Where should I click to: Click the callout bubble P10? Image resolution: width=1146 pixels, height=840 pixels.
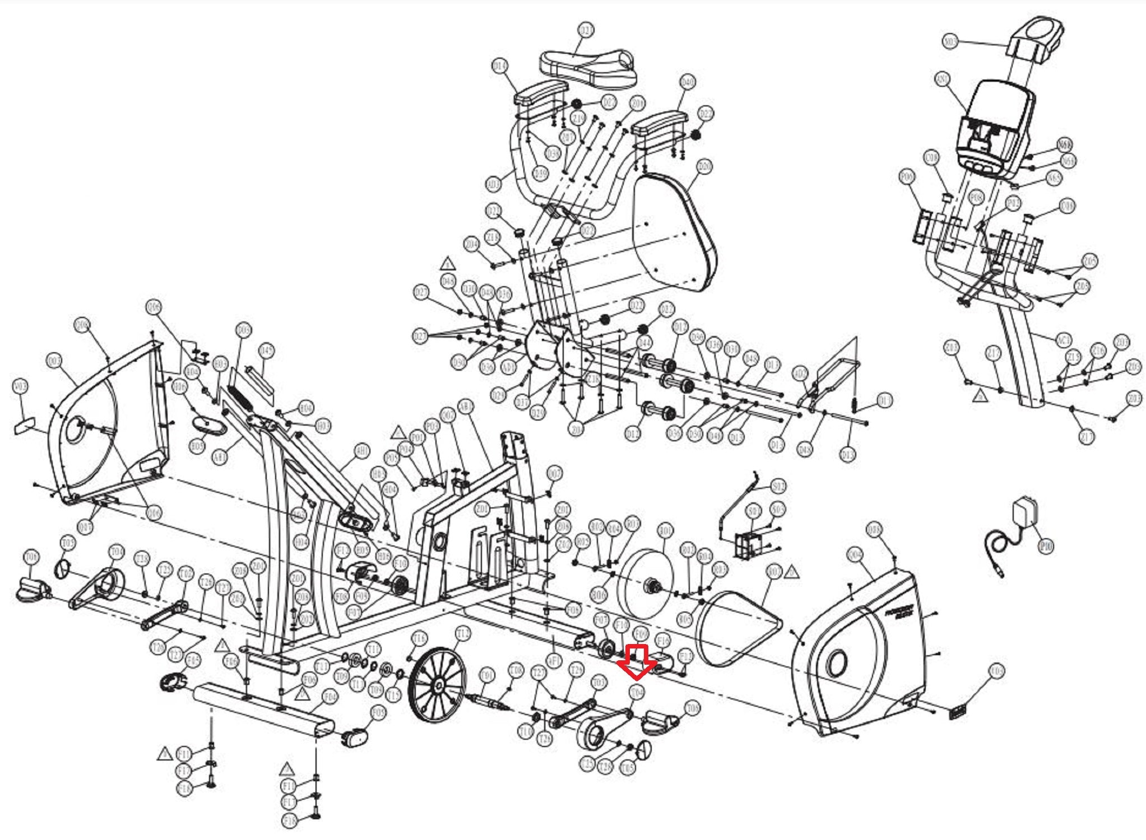coord(1046,546)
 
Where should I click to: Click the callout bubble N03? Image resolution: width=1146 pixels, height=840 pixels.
coord(950,41)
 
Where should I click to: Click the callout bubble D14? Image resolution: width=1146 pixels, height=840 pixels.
coord(500,66)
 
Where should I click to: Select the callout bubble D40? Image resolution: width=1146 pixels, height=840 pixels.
coord(688,82)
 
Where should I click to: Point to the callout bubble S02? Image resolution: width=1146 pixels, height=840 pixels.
coord(778,486)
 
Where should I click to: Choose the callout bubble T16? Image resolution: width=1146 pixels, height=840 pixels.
coord(419,638)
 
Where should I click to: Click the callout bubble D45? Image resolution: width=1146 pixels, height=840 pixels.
coord(267,351)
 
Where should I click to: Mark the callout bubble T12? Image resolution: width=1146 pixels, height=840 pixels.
coord(463,633)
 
